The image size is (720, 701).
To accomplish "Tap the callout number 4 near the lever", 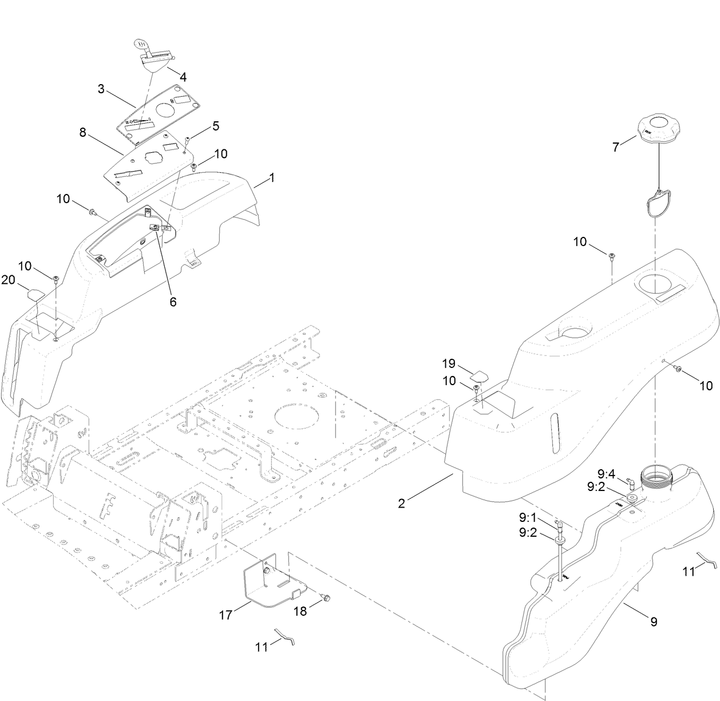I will (x=183, y=77).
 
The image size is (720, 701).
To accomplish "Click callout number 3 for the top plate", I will (x=101, y=89).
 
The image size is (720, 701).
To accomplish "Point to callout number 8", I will (x=83, y=133).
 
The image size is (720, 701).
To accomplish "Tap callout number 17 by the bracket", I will (x=227, y=615).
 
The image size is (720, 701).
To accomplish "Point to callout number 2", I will (x=402, y=503).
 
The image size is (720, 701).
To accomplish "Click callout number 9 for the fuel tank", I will (x=654, y=621).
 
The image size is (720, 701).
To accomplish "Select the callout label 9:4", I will (x=606, y=474).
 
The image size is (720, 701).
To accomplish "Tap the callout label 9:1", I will (x=528, y=517).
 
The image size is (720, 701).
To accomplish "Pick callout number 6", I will (x=173, y=301).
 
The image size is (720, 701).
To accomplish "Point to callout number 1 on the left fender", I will (x=272, y=178).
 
